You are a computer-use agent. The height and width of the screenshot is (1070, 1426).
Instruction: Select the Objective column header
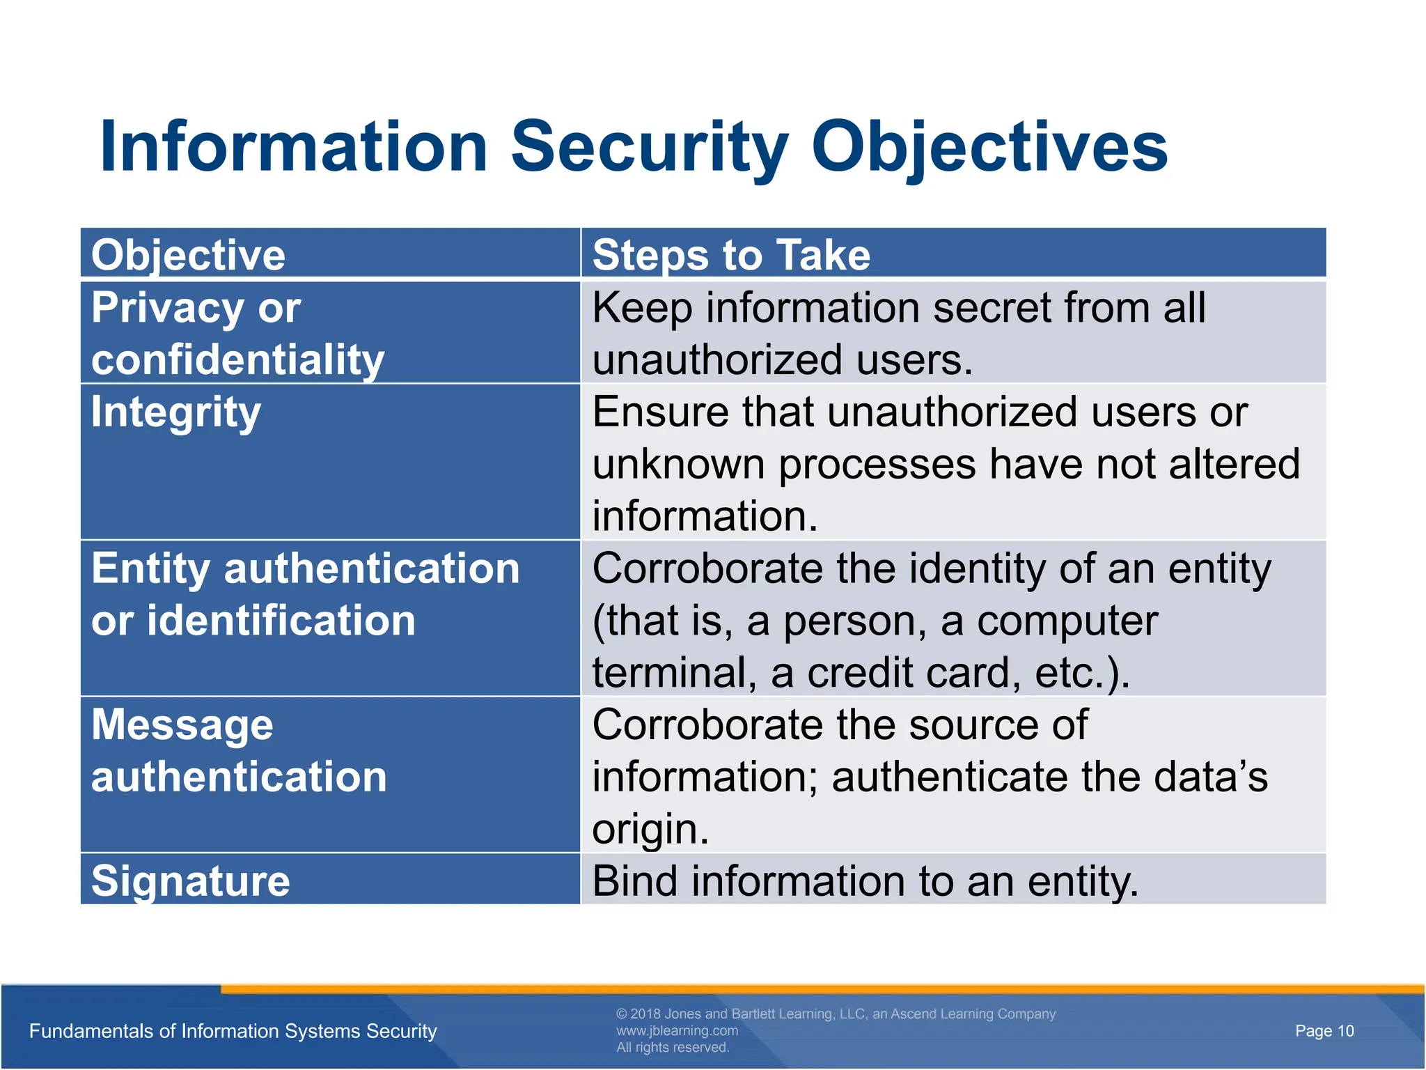click(x=188, y=255)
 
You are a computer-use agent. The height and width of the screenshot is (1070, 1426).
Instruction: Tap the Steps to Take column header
click(x=731, y=255)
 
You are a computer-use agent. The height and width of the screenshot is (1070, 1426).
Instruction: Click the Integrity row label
click(x=176, y=412)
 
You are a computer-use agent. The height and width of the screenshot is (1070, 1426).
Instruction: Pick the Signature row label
click(x=190, y=881)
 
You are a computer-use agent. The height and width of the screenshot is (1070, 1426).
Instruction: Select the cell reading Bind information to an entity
click(x=865, y=881)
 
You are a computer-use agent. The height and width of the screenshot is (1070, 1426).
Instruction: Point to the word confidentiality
click(x=237, y=360)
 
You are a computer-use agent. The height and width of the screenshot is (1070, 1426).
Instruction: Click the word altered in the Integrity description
click(x=1234, y=465)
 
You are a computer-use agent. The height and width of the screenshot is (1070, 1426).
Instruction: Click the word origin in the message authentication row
click(x=649, y=830)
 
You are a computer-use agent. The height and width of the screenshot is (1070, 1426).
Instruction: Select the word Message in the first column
click(x=182, y=725)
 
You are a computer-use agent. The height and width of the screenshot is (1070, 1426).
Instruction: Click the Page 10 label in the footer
click(x=1324, y=1031)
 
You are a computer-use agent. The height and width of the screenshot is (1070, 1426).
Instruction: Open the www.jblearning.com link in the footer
click(x=677, y=1030)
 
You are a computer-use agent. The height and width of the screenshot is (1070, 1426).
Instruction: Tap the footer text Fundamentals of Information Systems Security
click(x=233, y=1031)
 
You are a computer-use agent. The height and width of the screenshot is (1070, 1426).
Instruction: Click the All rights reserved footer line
click(x=673, y=1048)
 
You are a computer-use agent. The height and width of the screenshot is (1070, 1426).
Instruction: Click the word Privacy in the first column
click(x=167, y=308)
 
